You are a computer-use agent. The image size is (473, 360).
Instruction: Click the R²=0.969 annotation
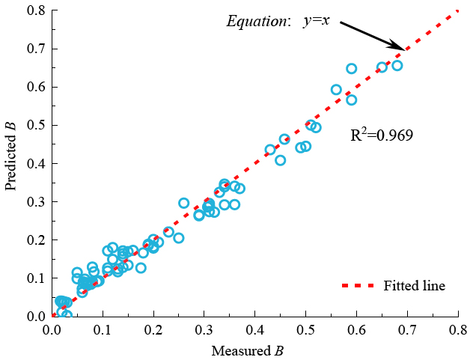point(382,135)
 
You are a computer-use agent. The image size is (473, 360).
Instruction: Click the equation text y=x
point(317,21)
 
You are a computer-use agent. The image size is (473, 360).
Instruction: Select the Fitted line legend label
point(414,286)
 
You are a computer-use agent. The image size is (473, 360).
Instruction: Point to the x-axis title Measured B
point(247,350)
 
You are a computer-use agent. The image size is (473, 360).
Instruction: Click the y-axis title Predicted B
point(12,159)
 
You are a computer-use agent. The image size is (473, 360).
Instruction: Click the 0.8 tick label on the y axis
point(34,10)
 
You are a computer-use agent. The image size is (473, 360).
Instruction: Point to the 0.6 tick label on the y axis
point(34,87)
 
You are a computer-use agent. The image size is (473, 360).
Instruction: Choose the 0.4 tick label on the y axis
point(34,163)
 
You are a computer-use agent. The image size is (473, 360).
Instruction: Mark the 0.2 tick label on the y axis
point(34,240)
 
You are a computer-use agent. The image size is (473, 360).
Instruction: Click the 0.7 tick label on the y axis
point(34,49)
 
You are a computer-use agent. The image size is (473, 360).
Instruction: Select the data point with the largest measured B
point(397,65)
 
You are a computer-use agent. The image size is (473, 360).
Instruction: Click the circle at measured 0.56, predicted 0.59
point(336,90)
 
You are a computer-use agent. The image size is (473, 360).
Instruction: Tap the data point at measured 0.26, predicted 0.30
point(184,203)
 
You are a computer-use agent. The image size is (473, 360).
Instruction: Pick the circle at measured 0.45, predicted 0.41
point(281,160)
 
